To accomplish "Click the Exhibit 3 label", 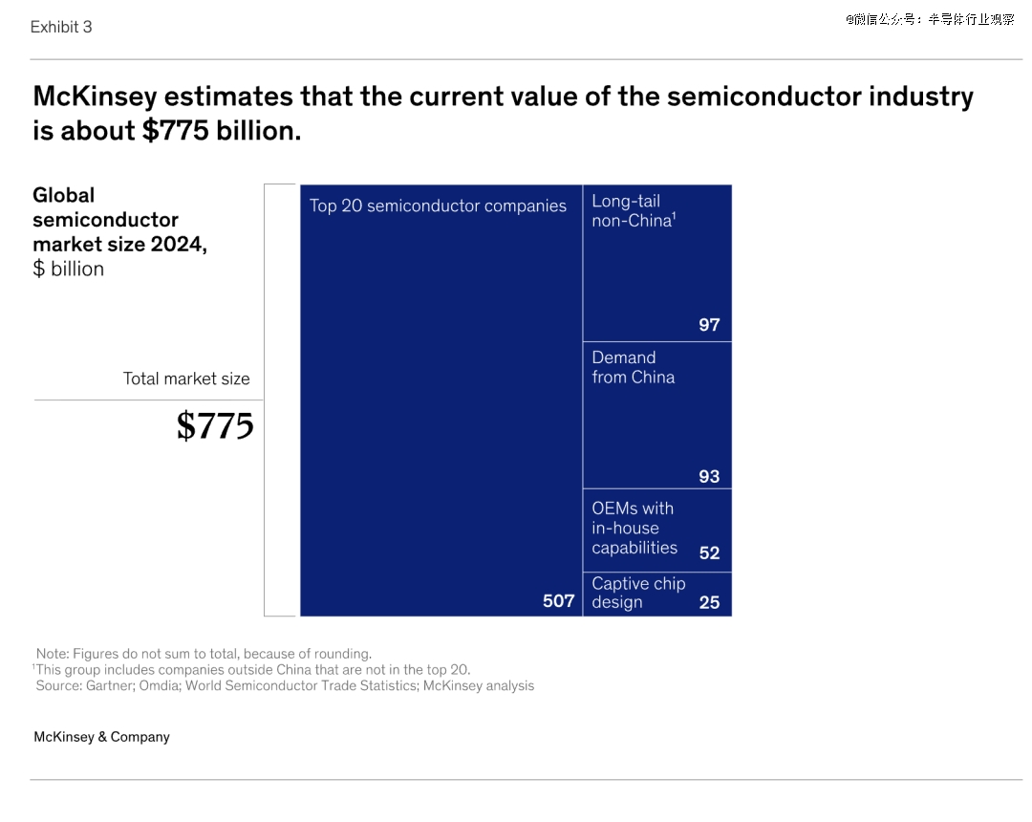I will point(61,27).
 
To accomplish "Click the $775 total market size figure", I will point(215,426).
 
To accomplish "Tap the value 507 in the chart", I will point(559,601).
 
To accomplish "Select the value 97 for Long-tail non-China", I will point(709,325).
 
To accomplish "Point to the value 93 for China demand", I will point(709,477).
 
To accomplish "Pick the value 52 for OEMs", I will point(709,553).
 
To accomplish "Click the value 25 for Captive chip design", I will point(709,603).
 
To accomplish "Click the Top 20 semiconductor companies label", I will point(438,205).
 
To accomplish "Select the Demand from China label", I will point(633,367).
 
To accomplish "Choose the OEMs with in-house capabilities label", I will point(634,528).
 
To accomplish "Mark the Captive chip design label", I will point(637,593).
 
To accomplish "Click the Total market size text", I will point(186,379).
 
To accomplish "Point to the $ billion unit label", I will point(68,270).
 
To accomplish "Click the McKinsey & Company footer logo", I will point(101,737).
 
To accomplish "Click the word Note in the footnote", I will point(53,654).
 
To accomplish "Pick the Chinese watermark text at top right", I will point(929,19).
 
